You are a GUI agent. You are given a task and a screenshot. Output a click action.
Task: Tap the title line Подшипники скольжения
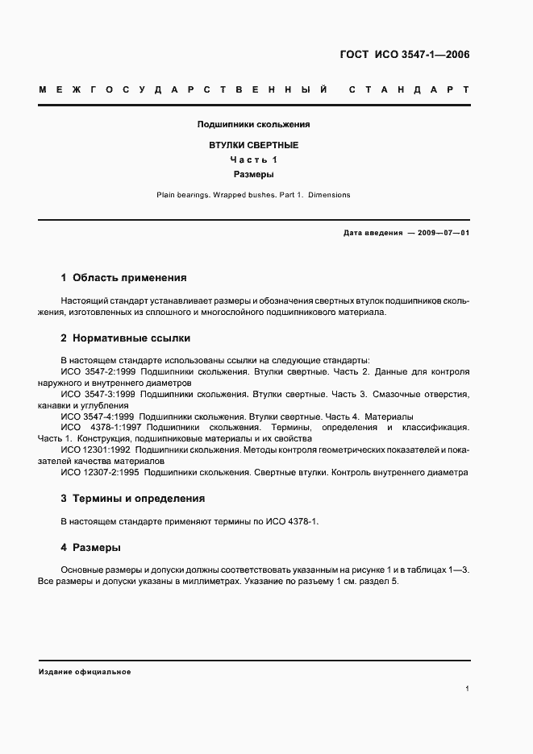click(254, 125)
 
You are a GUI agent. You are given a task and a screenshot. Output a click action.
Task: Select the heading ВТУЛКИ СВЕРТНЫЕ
click(254, 145)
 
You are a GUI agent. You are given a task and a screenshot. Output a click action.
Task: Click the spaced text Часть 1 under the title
click(254, 159)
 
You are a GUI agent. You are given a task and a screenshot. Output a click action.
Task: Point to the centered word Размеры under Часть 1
click(254, 174)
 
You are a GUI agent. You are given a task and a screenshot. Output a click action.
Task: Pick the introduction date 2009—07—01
click(442, 233)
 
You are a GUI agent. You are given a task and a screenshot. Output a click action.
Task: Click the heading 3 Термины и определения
click(132, 499)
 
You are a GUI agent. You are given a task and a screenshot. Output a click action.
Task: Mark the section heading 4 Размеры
click(90, 548)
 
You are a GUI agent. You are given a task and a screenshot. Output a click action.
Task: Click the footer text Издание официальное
click(84, 671)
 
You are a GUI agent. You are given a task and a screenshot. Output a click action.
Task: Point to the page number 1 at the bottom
click(467, 689)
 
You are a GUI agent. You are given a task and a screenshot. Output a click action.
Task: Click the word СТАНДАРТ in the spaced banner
click(409, 89)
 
